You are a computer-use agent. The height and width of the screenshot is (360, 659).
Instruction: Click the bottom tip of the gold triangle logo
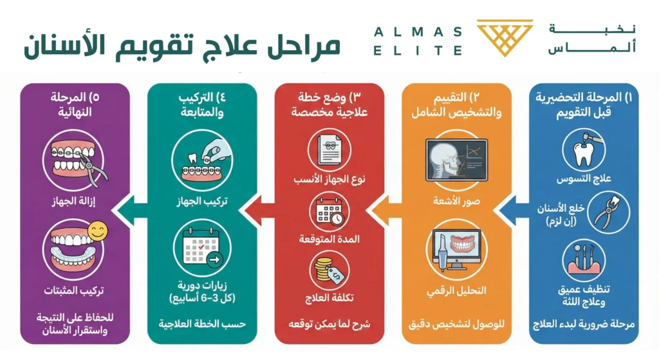pyautogui.click(x=505, y=57)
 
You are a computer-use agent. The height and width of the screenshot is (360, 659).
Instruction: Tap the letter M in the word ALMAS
pyautogui.click(x=418, y=32)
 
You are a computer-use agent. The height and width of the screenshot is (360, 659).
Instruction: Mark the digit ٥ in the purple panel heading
pyautogui.click(x=95, y=97)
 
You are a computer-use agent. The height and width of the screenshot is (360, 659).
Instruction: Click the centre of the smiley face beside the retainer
pyautogui.click(x=98, y=231)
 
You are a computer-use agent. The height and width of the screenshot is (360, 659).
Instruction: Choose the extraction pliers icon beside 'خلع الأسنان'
pyautogui.click(x=608, y=213)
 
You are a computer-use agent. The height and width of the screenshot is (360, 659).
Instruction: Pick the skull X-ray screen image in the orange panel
pyautogui.click(x=456, y=160)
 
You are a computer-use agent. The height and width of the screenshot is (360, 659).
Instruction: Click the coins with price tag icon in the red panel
pyautogui.click(x=329, y=270)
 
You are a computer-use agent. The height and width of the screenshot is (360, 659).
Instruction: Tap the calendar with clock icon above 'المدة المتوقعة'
pyautogui.click(x=329, y=213)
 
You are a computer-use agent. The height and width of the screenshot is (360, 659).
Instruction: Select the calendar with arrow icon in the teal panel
pyautogui.click(x=202, y=247)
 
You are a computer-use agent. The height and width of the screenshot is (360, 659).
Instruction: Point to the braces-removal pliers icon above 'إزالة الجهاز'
pyautogui.click(x=75, y=160)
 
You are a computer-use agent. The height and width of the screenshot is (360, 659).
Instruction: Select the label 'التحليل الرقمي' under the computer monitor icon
pyautogui.click(x=456, y=291)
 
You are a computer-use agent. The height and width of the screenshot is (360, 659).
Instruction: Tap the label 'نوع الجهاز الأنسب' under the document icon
pyautogui.click(x=329, y=179)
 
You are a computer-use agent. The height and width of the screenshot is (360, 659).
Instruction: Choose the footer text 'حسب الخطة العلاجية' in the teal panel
pyautogui.click(x=202, y=324)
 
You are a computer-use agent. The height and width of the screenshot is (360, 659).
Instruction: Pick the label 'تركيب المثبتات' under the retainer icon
pyautogui.click(x=74, y=290)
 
